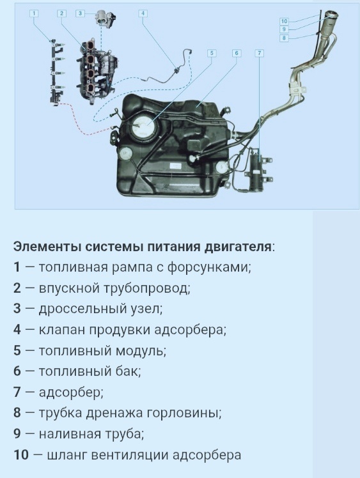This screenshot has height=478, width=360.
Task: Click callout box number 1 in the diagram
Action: pos(34,13)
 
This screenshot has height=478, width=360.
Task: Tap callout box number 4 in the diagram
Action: pos(143,13)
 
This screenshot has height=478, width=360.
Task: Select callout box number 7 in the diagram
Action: pos(259,52)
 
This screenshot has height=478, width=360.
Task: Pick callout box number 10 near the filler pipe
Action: pos(284,22)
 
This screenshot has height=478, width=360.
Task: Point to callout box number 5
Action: pos(212,52)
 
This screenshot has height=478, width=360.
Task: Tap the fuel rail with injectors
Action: pos(54,70)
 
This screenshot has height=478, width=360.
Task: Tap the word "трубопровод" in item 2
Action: pos(152,288)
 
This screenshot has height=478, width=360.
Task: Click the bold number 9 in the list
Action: pos(17,434)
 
